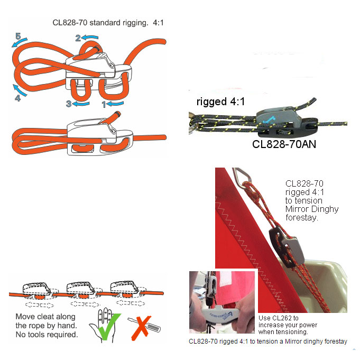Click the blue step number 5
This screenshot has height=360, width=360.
click(x=18, y=36)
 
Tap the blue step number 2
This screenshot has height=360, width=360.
click(x=78, y=38)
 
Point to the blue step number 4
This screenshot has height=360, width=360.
click(x=17, y=98)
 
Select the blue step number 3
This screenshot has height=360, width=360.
click(x=69, y=104)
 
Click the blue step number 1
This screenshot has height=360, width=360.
click(x=104, y=105)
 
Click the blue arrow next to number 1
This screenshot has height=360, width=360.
click(x=115, y=103)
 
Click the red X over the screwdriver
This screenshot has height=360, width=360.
click(x=141, y=328)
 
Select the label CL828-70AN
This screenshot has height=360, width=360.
click(x=284, y=144)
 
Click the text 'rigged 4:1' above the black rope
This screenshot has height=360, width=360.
click(x=220, y=101)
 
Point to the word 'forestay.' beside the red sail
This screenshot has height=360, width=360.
click(x=302, y=217)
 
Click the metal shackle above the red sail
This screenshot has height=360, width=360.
click(x=242, y=177)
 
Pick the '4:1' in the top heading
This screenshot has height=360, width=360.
click(x=158, y=23)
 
